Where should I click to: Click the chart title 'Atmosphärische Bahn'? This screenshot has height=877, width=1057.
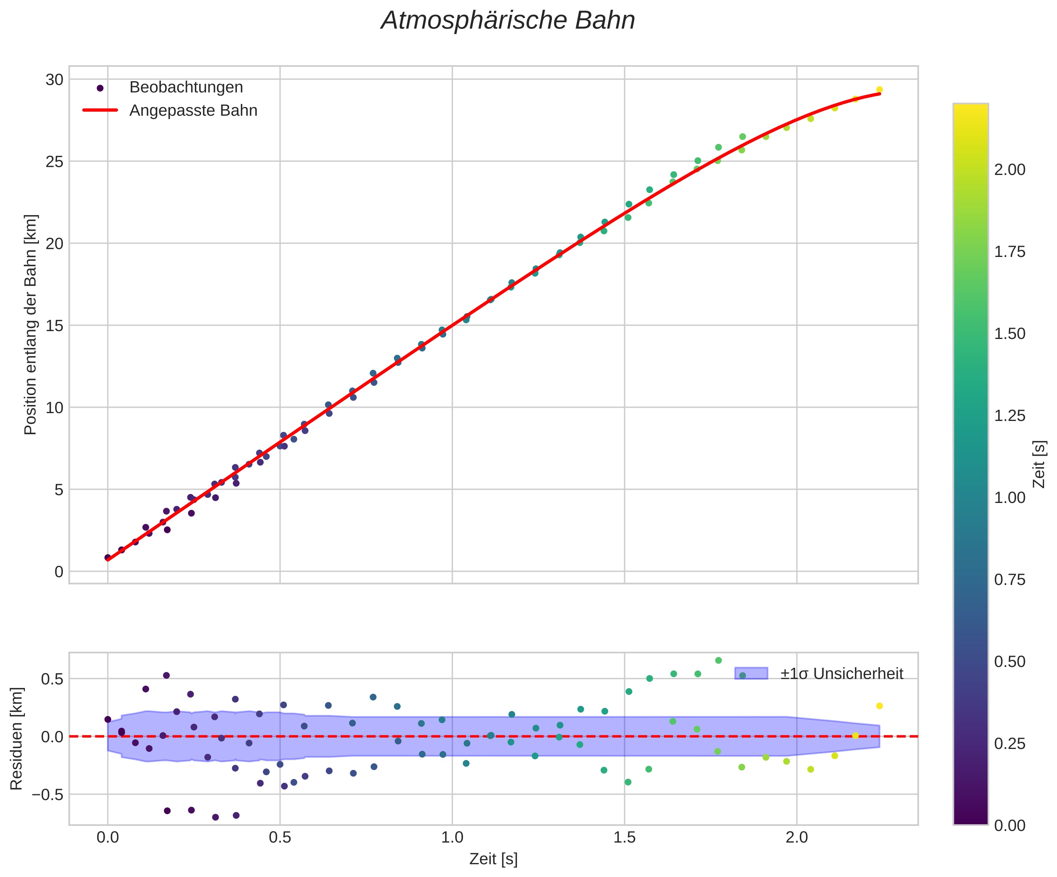[x=508, y=21]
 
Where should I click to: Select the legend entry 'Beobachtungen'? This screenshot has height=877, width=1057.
[x=186, y=87]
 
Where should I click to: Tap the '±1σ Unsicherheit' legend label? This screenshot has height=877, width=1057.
[x=842, y=674]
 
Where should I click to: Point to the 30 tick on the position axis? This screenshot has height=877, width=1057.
[x=54, y=80]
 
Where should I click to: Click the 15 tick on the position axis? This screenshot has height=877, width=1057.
[x=54, y=326]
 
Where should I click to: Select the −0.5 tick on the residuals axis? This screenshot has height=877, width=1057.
[x=48, y=795]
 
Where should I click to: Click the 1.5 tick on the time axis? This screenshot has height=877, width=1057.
[x=625, y=838]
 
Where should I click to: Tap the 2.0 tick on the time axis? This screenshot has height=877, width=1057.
[x=797, y=838]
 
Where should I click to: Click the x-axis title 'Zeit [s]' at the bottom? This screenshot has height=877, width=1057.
[x=493, y=859]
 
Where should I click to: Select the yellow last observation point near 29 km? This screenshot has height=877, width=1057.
[x=879, y=89]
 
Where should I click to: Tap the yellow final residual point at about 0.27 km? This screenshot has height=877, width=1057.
[x=879, y=706]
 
